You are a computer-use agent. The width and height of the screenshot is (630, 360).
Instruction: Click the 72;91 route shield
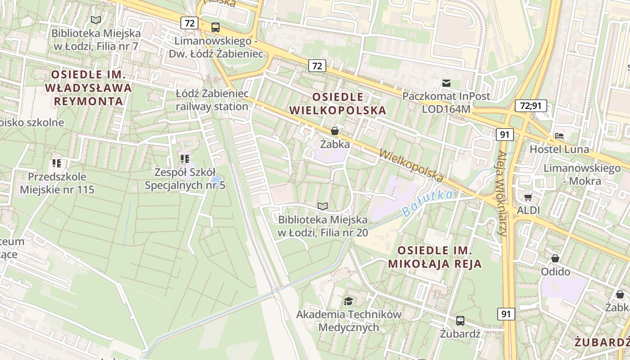coord(531,106)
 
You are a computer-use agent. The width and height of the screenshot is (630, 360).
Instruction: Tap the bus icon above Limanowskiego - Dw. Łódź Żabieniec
coord(216,27)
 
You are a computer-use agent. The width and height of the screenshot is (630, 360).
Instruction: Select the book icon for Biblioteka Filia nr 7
coord(95,20)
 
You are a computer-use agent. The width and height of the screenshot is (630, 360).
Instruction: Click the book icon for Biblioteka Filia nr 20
coord(323,206)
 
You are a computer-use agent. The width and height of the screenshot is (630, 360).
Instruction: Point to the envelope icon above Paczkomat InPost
coord(446,83)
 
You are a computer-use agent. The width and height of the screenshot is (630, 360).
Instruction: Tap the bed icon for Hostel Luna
coord(559,136)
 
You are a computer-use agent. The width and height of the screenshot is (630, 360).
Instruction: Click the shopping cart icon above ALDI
coord(528,197)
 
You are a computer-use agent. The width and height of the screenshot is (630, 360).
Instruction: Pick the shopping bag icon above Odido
coord(555,258)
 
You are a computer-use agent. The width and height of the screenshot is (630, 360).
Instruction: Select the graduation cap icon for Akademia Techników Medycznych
coord(348,301)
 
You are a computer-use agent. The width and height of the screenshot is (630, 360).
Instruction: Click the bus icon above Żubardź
coord(460,321)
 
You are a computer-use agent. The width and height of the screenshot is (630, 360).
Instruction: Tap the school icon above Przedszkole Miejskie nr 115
coord(56,163)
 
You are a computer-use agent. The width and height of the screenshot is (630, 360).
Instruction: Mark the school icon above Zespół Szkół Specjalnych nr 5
coord(184,158)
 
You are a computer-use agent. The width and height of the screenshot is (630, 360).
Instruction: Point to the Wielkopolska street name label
coord(411,166)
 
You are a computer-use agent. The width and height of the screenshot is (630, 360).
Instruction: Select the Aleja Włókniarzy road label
coord(503,193)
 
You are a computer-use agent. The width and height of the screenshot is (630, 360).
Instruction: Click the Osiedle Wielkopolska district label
coord(337,103)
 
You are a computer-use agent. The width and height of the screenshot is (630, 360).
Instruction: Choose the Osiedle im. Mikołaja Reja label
coord(435,257)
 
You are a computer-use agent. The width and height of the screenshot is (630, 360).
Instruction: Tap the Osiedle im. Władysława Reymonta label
coord(89,88)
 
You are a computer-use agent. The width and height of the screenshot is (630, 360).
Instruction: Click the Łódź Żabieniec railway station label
coord(212,100)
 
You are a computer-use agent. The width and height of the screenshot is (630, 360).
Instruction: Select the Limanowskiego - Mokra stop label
coord(576,175)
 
